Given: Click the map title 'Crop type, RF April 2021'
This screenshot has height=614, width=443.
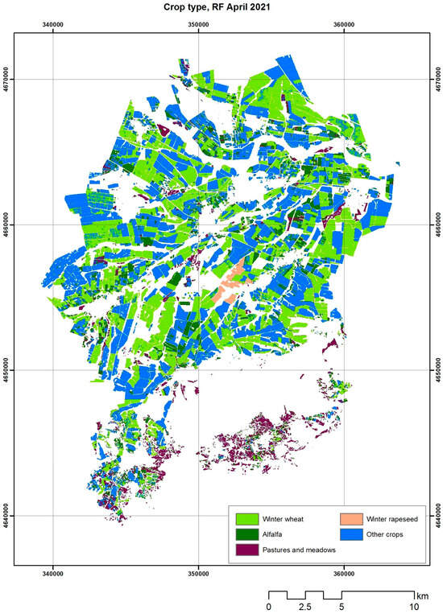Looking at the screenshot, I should [x=221, y=7].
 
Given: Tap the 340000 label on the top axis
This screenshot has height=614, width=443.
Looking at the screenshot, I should [x=53, y=24].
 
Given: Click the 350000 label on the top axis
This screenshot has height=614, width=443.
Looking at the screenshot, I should [x=199, y=24].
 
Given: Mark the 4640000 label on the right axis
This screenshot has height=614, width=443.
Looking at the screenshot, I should [x=436, y=515].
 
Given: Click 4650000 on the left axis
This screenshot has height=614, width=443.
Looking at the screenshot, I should [x=7, y=370].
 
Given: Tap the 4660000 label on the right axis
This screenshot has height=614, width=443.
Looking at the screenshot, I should [x=436, y=225].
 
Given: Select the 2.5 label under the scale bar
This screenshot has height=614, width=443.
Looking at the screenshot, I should [x=305, y=606].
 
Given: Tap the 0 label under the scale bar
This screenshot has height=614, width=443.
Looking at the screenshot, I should [x=268, y=606].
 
